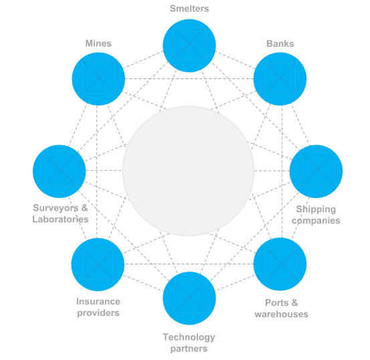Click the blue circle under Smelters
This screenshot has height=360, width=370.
[x=189, y=46]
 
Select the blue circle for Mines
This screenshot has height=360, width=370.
[x=98, y=79]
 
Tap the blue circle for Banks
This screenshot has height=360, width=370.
[x=280, y=79]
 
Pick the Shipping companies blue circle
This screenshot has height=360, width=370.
[x=316, y=171]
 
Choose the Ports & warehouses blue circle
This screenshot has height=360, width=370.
[x=280, y=264]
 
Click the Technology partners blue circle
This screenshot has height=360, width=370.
[x=189, y=298]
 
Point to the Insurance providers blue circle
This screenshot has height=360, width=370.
[x=98, y=264]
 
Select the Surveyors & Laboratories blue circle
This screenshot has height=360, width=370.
[x=60, y=171]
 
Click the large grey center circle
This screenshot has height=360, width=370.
[x=188, y=171]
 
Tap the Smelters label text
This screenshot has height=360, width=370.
[x=189, y=9]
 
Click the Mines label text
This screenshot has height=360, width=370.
[x=98, y=43]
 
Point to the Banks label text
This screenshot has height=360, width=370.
[x=280, y=43]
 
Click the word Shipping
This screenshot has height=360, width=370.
[x=316, y=209]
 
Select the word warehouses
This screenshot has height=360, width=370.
[x=282, y=314]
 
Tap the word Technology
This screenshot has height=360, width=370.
[x=189, y=337]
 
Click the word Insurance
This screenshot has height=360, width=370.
[x=98, y=302]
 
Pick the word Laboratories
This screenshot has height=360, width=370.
[x=60, y=219]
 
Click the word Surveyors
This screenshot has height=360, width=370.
[x=56, y=208]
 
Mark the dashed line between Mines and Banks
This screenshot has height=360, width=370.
[x=189, y=78]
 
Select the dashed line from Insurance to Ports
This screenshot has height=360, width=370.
[x=189, y=264]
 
